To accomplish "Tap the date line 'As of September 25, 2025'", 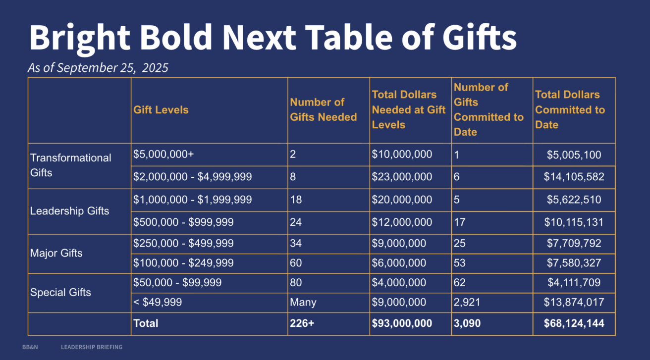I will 98,68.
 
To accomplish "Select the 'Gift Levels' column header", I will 161,110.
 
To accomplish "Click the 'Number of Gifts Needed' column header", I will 323,110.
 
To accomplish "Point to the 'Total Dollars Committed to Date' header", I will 570,110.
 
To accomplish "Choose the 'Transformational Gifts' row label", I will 71,165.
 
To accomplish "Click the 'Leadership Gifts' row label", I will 69,211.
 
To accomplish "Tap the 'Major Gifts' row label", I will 56,253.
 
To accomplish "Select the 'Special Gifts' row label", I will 60,292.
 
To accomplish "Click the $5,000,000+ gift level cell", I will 163,154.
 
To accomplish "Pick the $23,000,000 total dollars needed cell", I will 402,177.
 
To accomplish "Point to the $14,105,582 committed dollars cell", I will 574,177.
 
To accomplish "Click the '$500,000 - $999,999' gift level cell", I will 183,222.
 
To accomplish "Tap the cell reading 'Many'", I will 303,302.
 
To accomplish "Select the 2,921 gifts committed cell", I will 467,302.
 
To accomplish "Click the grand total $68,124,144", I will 574,323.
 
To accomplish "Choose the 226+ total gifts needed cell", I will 302,323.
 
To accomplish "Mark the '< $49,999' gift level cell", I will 158,302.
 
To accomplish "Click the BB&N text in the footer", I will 30,347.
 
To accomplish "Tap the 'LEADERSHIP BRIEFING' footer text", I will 92,347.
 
